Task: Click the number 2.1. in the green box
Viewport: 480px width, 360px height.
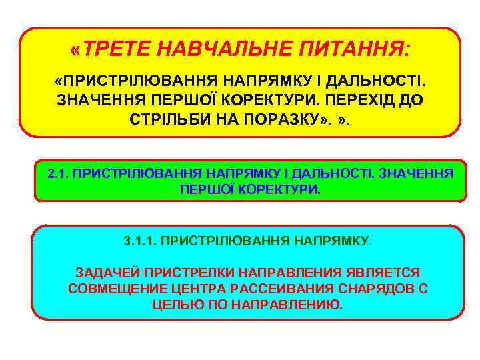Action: click(58, 174)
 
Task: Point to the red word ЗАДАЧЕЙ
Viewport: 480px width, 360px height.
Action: click(104, 273)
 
